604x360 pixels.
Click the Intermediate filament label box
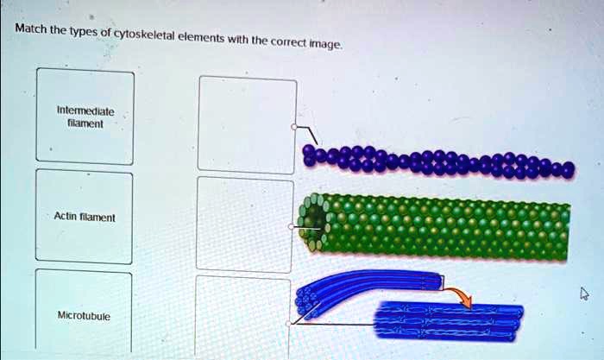point(85,117)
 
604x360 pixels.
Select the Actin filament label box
point(84,217)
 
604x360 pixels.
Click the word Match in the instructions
point(31,29)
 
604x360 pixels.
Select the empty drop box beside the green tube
point(245,224)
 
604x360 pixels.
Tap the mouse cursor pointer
point(584,294)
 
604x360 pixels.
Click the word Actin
point(66,218)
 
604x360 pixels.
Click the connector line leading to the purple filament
point(305,134)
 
